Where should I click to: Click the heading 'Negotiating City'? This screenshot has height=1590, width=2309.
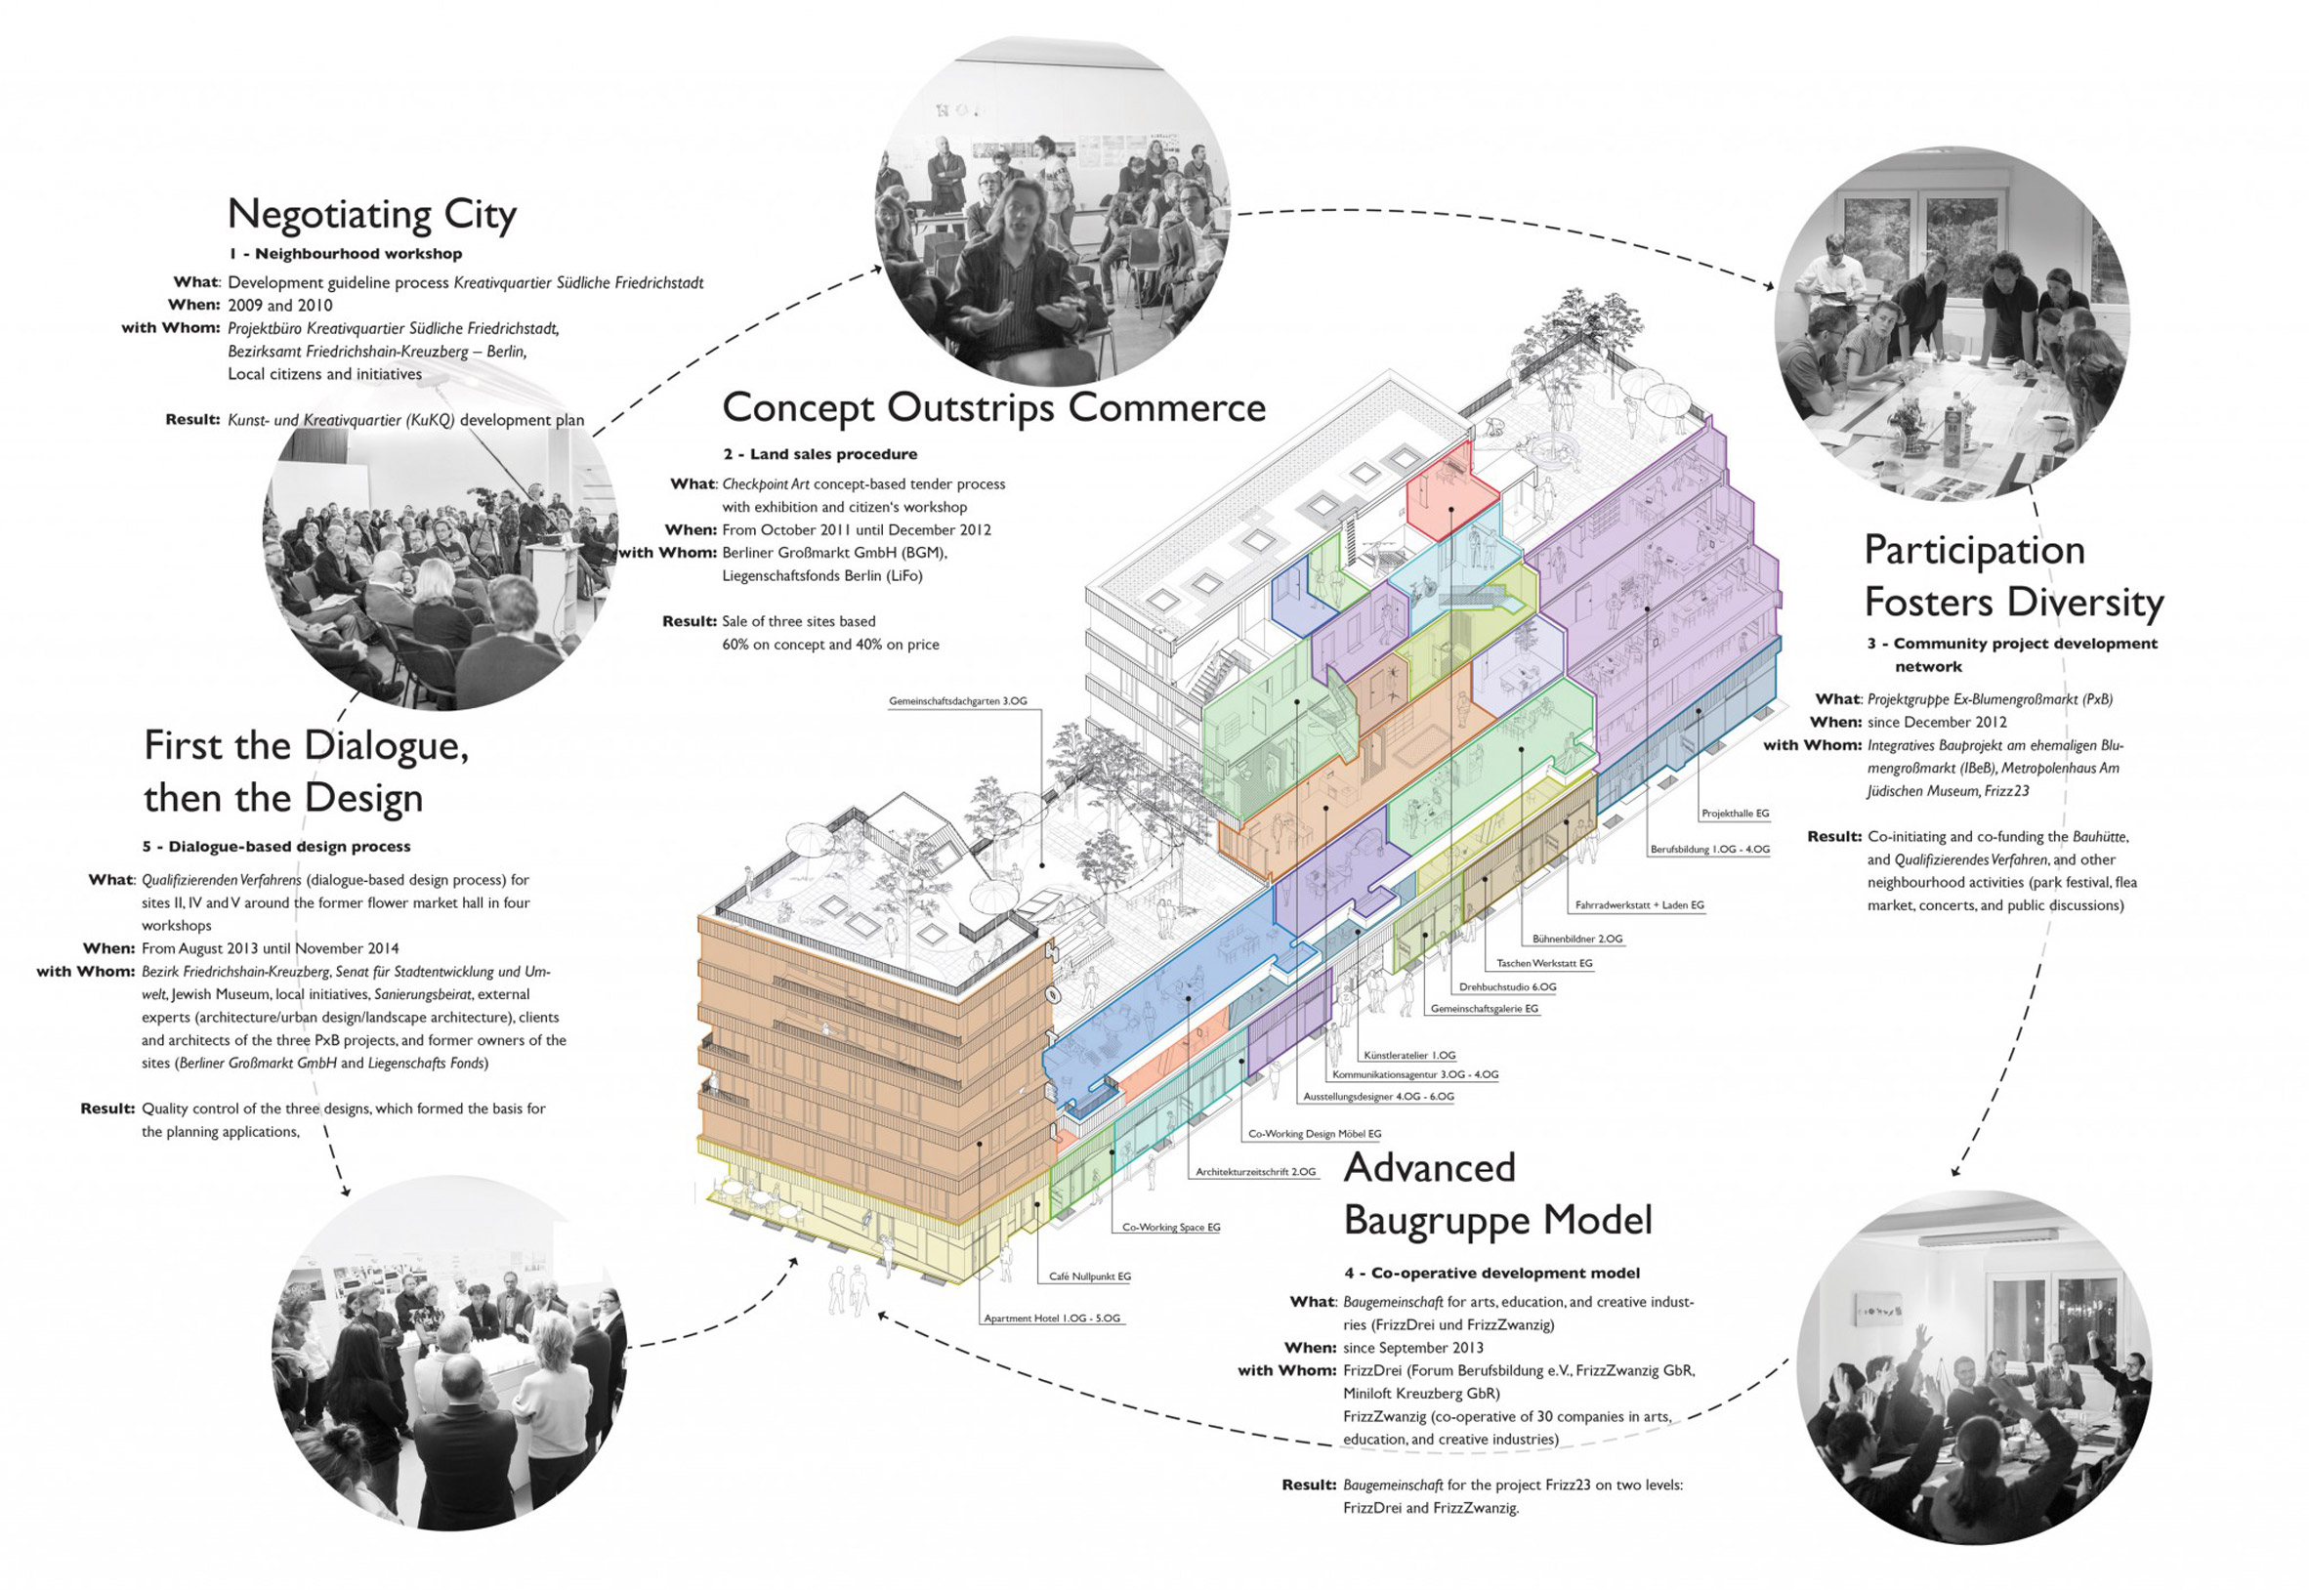371,214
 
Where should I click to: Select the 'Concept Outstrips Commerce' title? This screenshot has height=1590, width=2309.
993,407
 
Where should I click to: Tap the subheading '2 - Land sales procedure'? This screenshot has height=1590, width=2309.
819,454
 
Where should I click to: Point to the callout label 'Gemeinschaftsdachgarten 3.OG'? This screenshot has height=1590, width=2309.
957,701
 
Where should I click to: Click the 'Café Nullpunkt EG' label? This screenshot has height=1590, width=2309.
1089,1276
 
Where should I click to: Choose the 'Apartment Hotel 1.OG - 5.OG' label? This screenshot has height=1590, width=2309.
1052,1318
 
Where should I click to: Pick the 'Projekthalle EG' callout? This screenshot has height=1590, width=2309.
1736,813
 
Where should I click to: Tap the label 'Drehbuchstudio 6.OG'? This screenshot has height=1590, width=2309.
1507,986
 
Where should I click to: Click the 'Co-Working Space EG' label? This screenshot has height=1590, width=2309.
1170,1228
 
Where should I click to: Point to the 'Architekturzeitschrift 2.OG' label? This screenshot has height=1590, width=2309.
1255,1172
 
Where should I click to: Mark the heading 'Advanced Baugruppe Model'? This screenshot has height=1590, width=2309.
1497,1193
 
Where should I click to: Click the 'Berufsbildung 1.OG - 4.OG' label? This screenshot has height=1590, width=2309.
1709,849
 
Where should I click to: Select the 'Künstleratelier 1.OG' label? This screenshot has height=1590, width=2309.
1409,1054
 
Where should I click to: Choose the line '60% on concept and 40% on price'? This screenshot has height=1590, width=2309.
830,645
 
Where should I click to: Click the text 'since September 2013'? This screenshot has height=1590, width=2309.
1412,1348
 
